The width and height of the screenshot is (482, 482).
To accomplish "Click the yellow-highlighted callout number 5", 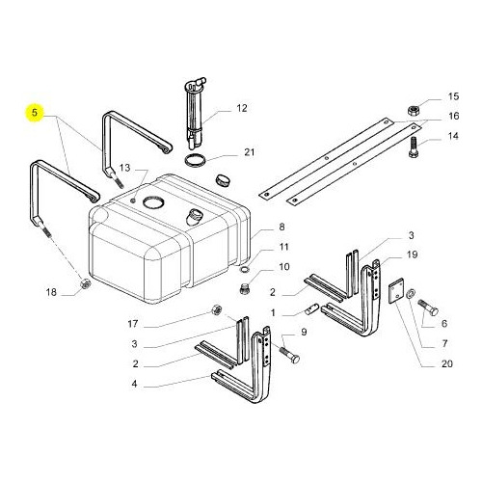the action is pyautogui.click(x=35, y=113).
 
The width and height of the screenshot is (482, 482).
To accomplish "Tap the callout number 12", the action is pyautogui.click(x=242, y=108).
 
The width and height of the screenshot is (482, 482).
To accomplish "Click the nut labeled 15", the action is pyautogui.click(x=413, y=111).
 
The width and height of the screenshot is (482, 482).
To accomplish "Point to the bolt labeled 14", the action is pyautogui.click(x=414, y=147).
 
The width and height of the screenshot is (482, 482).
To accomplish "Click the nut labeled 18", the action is pyautogui.click(x=85, y=284).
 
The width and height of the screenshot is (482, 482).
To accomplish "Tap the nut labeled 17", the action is pyautogui.click(x=216, y=309).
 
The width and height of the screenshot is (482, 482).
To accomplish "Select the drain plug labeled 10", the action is pyautogui.click(x=245, y=289).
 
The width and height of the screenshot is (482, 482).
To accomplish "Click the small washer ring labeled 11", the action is pyautogui.click(x=245, y=269).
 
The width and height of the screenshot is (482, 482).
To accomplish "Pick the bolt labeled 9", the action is pyautogui.click(x=289, y=355).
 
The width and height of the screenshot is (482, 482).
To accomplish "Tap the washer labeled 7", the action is pyautogui.click(x=411, y=294).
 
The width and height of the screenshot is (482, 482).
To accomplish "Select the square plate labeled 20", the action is pyautogui.click(x=396, y=290).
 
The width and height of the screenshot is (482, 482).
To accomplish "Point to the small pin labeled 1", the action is pyautogui.click(x=311, y=310).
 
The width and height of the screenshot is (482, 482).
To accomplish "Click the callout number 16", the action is pyautogui.click(x=453, y=116).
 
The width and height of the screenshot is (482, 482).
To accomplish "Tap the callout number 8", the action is pyautogui.click(x=281, y=227).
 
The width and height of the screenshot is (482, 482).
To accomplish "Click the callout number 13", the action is pyautogui.click(x=125, y=168).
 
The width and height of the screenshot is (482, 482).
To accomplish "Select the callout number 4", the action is pyautogui.click(x=134, y=384).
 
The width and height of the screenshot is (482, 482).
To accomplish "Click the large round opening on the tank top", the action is pyautogui.click(x=153, y=202).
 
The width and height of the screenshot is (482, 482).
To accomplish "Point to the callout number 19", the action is pyautogui.click(x=413, y=254).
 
